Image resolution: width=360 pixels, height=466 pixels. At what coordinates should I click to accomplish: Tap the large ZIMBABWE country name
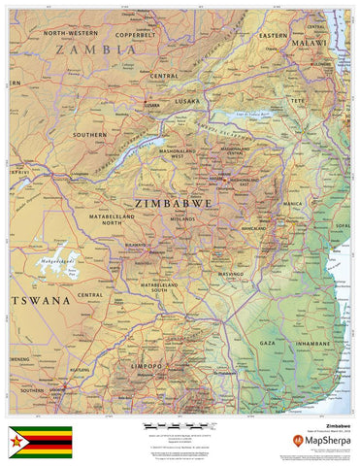coord(174,204)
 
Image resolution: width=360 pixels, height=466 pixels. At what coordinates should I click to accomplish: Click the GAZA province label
coord(269,343)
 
